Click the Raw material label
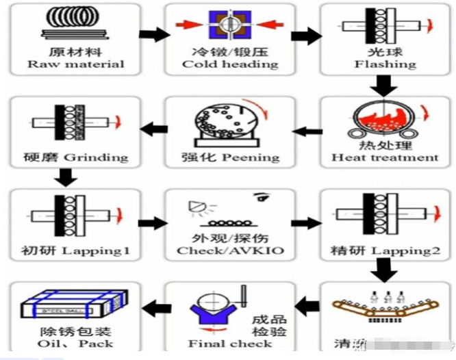pyautogui.click(x=76, y=64)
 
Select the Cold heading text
pyautogui.click(x=230, y=64)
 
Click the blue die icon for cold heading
pyautogui.click(x=230, y=25)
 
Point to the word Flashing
pyautogui.click(x=385, y=64)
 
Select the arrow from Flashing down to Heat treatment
pyautogui.click(x=385, y=85)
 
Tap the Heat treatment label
pyautogui.click(x=385, y=157)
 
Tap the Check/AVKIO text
pyautogui.click(x=230, y=250)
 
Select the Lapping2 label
pyautogui.click(x=385, y=250)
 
